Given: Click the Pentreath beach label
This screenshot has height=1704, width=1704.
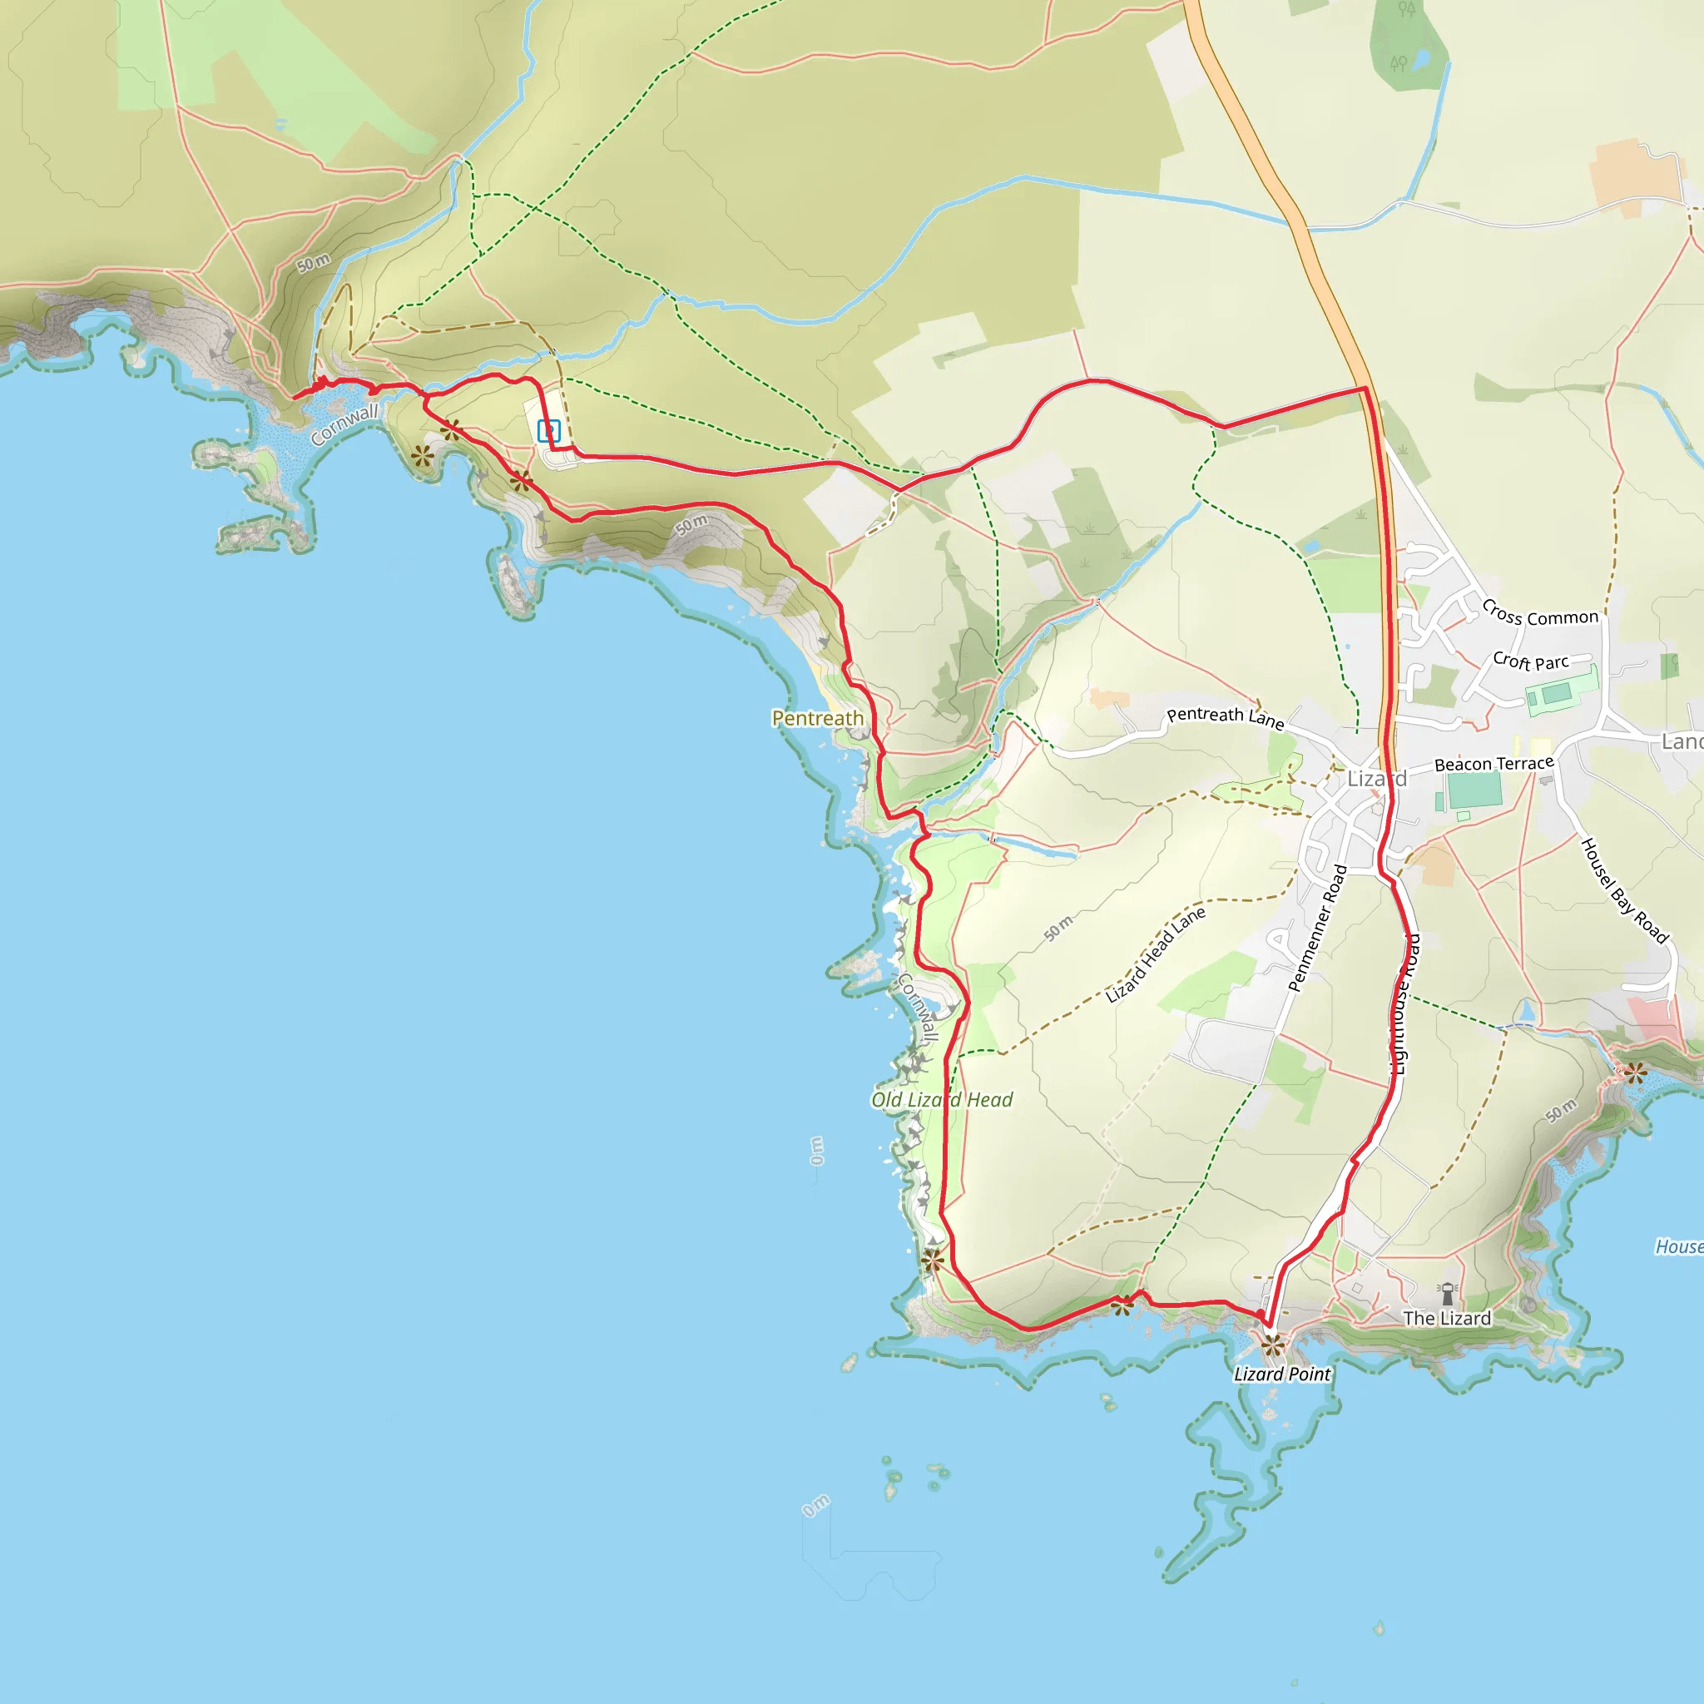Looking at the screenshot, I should click(818, 719).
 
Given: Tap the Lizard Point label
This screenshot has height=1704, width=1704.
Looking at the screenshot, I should click(1281, 1375).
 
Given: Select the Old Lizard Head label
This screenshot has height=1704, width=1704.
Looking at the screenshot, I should click(942, 1100).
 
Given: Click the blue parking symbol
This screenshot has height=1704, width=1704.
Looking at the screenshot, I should click(548, 431).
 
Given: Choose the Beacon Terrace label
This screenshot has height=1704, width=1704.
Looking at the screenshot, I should click(1494, 764).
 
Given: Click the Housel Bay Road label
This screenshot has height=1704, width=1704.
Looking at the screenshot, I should click(1624, 892).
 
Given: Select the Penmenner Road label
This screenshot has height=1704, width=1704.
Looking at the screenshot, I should click(1318, 929).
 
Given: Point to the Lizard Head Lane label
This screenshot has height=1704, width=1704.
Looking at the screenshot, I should click(1156, 955).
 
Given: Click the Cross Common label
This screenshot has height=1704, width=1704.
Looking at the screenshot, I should click(1540, 614).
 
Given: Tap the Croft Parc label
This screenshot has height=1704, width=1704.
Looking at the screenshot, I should click(1531, 661).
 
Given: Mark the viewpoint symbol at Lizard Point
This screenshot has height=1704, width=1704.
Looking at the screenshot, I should click(1272, 1346).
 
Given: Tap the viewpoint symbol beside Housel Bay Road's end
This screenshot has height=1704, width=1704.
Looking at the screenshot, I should click(1635, 1073).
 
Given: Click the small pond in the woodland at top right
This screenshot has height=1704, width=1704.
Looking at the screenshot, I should click(1420, 60).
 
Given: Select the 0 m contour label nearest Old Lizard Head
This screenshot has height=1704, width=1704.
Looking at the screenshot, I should click(817, 1151).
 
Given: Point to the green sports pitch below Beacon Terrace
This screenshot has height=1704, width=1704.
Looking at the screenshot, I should click(1474, 790).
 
